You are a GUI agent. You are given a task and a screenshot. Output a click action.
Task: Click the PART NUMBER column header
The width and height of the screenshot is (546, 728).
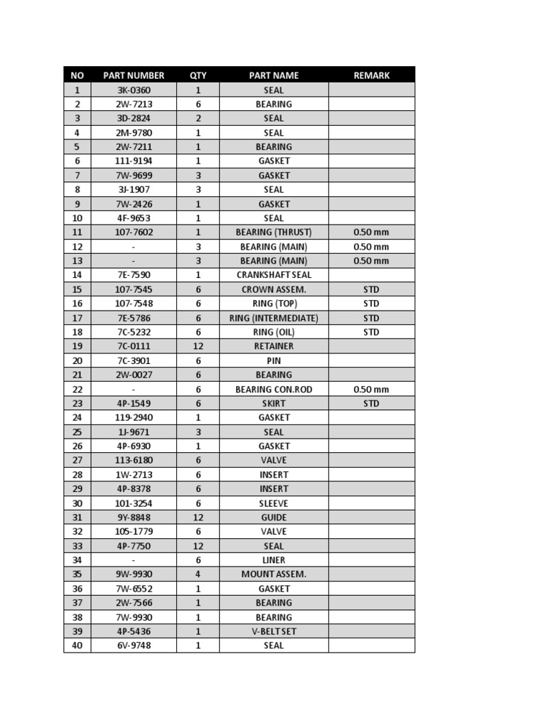134,75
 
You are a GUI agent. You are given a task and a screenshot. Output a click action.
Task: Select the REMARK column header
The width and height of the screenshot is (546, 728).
371,75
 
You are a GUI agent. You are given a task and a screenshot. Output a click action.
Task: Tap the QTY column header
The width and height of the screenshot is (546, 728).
198,75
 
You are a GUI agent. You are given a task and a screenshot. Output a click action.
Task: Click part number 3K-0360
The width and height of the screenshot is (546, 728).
134,90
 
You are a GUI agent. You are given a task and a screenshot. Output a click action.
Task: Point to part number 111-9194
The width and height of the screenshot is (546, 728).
134,161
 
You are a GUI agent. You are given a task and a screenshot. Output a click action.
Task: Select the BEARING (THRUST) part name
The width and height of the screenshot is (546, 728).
274,232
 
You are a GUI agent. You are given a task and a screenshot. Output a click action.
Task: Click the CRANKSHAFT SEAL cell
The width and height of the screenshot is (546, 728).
274,275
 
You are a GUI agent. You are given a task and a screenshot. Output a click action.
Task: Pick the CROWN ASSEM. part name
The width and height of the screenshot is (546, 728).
274,289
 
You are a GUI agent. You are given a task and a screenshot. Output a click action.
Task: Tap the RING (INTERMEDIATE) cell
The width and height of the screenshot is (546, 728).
274,318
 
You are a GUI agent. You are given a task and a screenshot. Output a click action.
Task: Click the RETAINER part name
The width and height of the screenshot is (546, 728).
274,346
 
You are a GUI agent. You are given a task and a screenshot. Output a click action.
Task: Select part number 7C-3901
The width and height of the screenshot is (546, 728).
134,360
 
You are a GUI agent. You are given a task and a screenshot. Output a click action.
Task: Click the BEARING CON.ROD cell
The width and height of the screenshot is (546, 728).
274,390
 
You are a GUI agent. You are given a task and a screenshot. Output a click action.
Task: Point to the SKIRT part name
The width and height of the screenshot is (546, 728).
274,403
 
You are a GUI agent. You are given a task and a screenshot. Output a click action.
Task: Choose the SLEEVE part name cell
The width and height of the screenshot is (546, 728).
274,503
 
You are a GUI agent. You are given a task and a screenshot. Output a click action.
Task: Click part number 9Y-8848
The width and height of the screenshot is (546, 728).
134,518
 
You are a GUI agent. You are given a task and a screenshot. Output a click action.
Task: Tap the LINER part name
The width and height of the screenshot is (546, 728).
274,560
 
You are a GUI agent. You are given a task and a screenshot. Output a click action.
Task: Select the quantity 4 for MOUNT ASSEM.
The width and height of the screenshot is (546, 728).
198,574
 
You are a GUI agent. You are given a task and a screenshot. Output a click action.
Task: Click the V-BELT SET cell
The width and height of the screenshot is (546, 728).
274,631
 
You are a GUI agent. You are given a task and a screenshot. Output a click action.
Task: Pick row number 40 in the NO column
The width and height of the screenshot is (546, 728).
77,646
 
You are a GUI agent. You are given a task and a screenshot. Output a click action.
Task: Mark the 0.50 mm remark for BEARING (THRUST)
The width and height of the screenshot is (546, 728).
371,232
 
